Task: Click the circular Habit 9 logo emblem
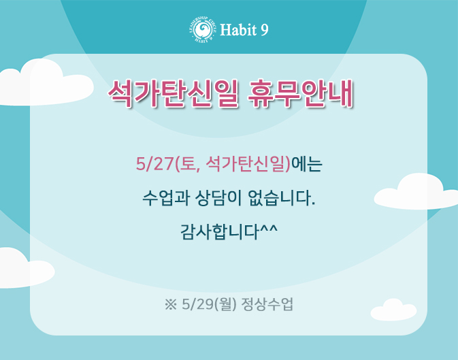tap(203, 30)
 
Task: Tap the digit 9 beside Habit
tap(264, 30)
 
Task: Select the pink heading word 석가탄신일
tap(174, 94)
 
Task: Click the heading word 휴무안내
tap(301, 94)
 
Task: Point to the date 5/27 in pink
tap(154, 164)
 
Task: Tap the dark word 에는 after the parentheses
tap(307, 164)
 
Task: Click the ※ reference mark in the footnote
tap(171, 304)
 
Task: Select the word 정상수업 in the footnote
tap(267, 304)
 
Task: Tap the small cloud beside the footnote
tap(393, 310)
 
